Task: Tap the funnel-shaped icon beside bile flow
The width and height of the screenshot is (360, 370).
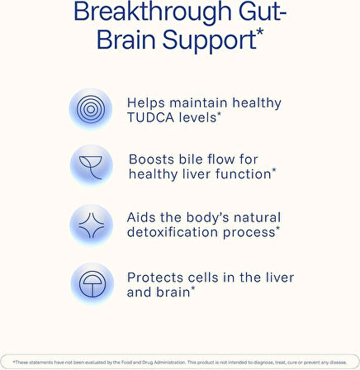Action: (91, 167)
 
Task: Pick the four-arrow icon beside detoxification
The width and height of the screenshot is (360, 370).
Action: (91, 224)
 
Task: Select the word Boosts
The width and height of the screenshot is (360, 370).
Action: (153, 159)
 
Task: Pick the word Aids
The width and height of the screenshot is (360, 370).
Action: (143, 216)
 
